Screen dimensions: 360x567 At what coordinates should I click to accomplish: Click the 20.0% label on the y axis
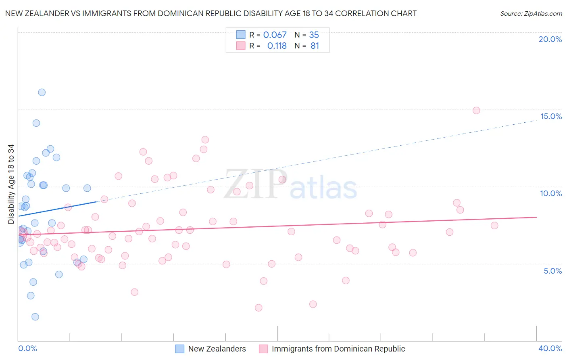[550, 39]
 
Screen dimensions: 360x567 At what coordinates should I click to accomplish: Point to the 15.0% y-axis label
[551, 116]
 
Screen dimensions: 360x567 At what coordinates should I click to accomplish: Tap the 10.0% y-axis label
[551, 193]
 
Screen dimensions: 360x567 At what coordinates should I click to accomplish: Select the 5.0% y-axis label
[552, 271]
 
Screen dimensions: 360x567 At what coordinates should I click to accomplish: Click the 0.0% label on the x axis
[27, 348]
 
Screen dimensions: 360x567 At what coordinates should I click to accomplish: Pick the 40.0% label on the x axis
[550, 348]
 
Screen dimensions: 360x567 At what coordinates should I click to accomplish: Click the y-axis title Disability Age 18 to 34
[11, 184]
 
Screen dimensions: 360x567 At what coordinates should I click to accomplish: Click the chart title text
[211, 13]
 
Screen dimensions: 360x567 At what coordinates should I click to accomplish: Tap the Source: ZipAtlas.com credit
[531, 13]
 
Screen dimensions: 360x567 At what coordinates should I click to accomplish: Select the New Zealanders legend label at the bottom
[217, 349]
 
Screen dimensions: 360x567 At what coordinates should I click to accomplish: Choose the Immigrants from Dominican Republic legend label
[338, 349]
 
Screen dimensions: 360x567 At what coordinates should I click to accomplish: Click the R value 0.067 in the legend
[275, 35]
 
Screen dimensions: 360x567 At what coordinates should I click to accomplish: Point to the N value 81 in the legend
[315, 46]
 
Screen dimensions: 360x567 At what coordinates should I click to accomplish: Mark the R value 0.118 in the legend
[277, 46]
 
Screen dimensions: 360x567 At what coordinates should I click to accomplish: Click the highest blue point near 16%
[42, 92]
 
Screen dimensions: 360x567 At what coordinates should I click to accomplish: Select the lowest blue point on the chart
[35, 317]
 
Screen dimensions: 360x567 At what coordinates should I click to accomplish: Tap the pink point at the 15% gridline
[476, 111]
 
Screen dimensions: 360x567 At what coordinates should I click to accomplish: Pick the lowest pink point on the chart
[258, 308]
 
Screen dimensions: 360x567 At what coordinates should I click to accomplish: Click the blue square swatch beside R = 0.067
[241, 35]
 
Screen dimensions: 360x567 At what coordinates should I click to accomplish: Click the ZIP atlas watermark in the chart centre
[290, 184]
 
